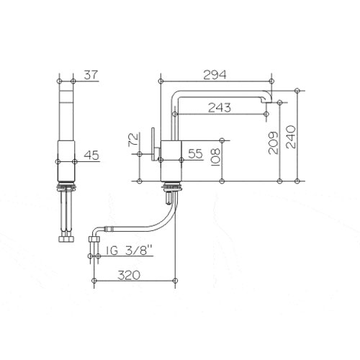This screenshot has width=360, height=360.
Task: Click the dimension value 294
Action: (215, 75)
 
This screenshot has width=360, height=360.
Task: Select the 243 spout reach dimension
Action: (220, 107)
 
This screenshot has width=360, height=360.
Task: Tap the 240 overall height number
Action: (291, 137)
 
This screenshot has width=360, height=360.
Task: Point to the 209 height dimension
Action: (274, 143)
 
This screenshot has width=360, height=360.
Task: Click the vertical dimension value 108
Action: (215, 157)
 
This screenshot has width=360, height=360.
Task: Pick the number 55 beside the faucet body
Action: (195, 153)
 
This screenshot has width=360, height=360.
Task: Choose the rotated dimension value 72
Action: (133, 140)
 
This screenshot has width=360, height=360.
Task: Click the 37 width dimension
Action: (91, 75)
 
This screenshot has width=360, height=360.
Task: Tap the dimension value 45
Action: (91, 156)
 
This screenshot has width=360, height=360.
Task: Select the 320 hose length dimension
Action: (129, 275)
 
